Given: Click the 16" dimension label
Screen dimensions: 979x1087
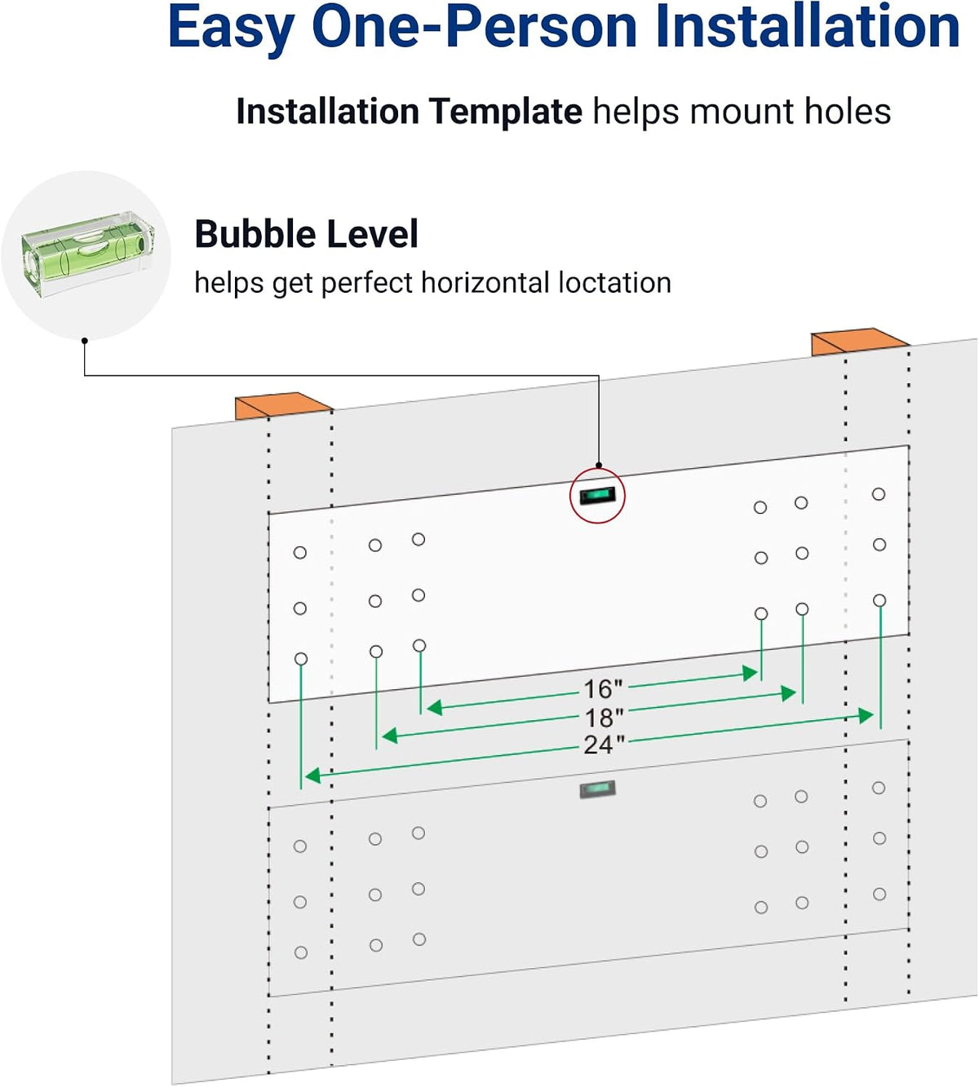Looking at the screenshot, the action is pos(603,689).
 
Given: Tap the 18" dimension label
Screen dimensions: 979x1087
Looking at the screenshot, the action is pos(604,718).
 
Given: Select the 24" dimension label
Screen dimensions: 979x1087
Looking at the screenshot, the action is pos(604,745).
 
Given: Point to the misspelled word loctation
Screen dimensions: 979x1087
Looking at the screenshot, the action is pos(614,282).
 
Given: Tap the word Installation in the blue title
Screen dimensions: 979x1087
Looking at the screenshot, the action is pos(808,27).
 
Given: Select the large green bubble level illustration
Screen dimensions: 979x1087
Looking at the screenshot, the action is pos(86,256).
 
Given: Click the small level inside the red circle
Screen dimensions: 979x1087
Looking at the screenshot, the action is pos(598,495).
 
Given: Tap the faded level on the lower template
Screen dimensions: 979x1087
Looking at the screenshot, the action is pos(598,789).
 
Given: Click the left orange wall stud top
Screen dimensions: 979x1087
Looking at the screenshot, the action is pos(283,405).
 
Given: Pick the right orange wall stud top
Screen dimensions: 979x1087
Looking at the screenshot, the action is pos(860,342).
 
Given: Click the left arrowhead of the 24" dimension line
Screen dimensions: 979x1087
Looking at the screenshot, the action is pos(313,775).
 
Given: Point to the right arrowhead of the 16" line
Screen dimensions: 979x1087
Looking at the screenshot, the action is pos(750,674).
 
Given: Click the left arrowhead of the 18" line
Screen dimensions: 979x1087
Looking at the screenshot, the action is pos(389,736).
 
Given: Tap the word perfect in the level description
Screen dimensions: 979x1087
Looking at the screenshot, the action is pos(366,284).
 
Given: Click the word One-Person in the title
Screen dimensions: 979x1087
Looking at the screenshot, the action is pos(474,27).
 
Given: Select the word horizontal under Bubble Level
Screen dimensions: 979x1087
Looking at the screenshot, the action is pos(485,282).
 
